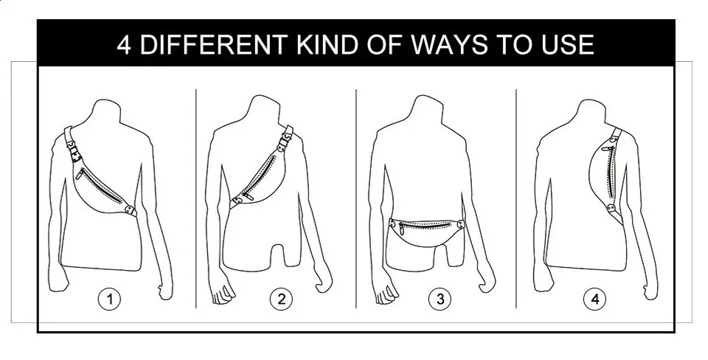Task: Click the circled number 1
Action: pyautogui.click(x=110, y=299)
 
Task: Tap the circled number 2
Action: pyautogui.click(x=281, y=299)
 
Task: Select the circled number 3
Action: pyautogui.click(x=440, y=299)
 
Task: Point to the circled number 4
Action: pyautogui.click(x=595, y=299)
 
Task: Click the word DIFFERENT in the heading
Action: pyautogui.click(x=215, y=44)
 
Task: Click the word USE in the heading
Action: pyautogui.click(x=568, y=44)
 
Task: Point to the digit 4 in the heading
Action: pyautogui.click(x=124, y=44)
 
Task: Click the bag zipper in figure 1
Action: pyautogui.click(x=103, y=185)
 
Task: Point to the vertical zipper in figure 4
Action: pyautogui.click(x=612, y=170)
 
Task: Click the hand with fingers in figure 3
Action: pyautogui.click(x=386, y=294)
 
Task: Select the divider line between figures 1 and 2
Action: pyautogui.click(x=196, y=198)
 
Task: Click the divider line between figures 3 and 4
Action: pyautogui.click(x=516, y=198)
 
